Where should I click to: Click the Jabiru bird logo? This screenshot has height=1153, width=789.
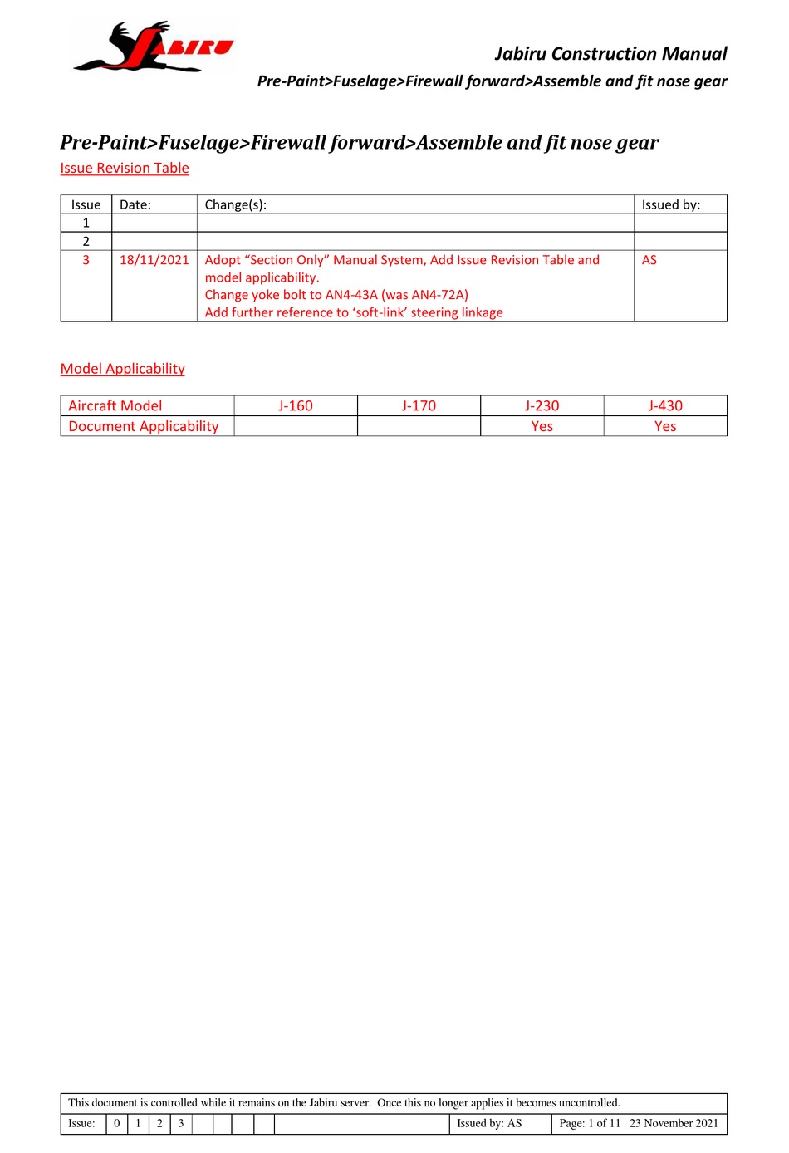(153, 47)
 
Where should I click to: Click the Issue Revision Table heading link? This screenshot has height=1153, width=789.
(125, 168)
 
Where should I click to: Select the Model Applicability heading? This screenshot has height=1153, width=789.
(123, 369)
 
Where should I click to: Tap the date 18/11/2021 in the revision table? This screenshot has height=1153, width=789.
(154, 260)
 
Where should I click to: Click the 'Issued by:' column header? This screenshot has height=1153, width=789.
(671, 204)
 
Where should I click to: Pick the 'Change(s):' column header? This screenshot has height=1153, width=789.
(236, 204)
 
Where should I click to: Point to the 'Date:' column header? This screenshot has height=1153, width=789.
(135, 204)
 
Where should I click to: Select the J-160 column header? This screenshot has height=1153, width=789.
(296, 405)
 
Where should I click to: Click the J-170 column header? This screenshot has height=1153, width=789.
(419, 405)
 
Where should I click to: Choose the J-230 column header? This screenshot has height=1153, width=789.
(542, 405)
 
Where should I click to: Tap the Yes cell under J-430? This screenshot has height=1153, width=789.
(665, 426)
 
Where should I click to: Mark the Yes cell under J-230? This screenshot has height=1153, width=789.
(542, 426)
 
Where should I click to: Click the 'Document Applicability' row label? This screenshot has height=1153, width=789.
(144, 426)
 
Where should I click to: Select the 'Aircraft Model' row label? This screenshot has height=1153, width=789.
(115, 405)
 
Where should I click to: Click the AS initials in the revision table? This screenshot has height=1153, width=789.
(649, 260)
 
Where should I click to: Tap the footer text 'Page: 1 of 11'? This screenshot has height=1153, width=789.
(590, 1123)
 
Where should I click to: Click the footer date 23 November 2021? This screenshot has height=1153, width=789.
(674, 1123)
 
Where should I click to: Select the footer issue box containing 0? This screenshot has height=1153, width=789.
(117, 1123)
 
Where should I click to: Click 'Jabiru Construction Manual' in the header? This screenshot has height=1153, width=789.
(610, 54)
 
